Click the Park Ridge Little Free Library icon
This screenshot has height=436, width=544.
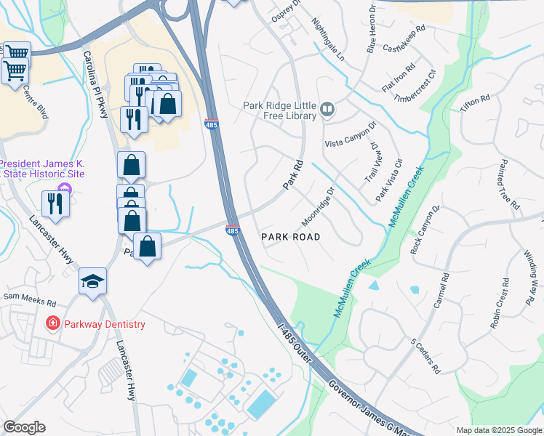(x=327, y=110)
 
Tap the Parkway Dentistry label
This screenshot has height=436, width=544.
(x=104, y=324)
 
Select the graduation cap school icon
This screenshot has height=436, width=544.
(x=92, y=282)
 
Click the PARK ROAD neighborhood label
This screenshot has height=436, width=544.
(x=291, y=237)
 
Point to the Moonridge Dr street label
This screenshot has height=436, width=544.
(x=317, y=207)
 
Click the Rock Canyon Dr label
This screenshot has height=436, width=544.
(x=425, y=229)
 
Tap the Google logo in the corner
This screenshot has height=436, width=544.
(x=24, y=427)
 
